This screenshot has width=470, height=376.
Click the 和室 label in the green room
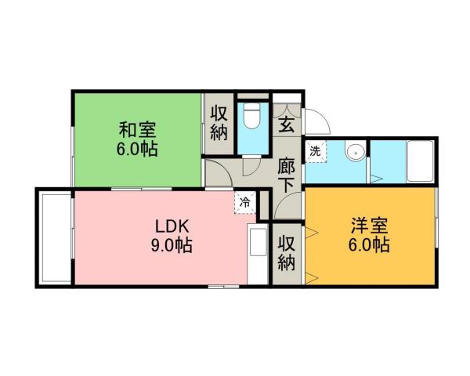tap(137, 128)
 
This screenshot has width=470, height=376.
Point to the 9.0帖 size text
tap(173, 246)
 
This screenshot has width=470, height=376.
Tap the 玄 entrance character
tap(287, 124)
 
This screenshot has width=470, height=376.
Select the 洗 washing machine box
tap(315, 150)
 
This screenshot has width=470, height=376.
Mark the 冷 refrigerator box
tap(245, 203)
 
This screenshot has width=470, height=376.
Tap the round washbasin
tap(356, 152)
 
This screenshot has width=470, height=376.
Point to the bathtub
tap(421, 161)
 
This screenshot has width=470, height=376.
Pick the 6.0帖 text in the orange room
tap(369, 246)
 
